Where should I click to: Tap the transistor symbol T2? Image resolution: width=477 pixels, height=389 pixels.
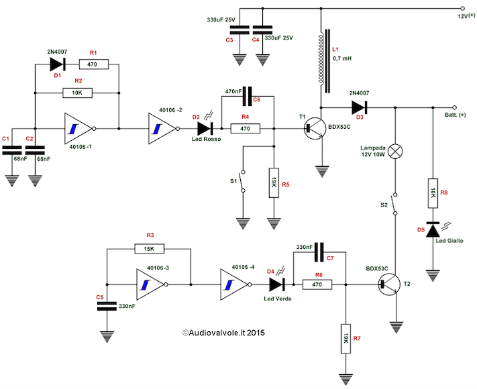[387, 284]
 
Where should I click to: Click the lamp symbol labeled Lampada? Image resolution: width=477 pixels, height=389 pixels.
[396, 151]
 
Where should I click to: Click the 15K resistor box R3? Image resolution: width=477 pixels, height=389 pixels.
[149, 248]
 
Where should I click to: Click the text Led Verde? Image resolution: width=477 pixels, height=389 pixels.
[278, 298]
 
